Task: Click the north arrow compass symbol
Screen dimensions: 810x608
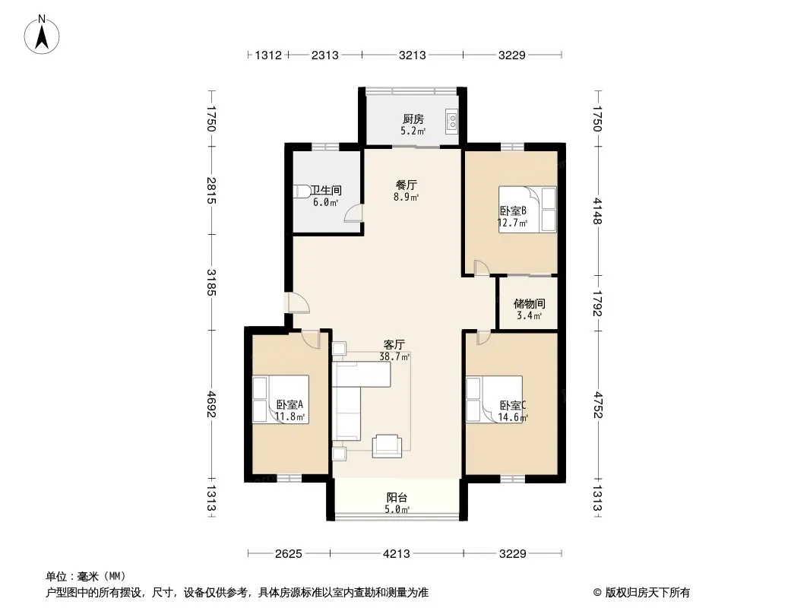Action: pyautogui.click(x=42, y=35)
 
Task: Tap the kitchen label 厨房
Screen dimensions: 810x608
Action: pyautogui.click(x=413, y=119)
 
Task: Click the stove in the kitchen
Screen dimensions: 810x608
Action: pyautogui.click(x=451, y=122)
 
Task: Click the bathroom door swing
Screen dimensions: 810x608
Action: pyautogui.click(x=353, y=213)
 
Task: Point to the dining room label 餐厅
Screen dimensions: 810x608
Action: pyautogui.click(x=407, y=185)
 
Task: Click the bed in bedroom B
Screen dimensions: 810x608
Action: pyautogui.click(x=527, y=209)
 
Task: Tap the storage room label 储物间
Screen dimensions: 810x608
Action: pyautogui.click(x=530, y=304)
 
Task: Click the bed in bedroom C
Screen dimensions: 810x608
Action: pyautogui.click(x=494, y=399)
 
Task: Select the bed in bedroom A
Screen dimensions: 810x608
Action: pyautogui.click(x=280, y=400)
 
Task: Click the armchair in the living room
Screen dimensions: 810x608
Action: pyautogui.click(x=387, y=446)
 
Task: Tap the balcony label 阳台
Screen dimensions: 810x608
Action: pyautogui.click(x=397, y=498)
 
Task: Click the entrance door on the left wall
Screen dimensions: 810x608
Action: pyautogui.click(x=296, y=303)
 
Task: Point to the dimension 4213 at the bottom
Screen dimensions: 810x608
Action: pyautogui.click(x=396, y=554)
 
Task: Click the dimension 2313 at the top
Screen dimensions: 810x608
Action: pyautogui.click(x=325, y=55)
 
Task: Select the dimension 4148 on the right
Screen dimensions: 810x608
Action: pyautogui.click(x=598, y=211)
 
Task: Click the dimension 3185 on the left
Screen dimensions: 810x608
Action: pyautogui.click(x=211, y=283)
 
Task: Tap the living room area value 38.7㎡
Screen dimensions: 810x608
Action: pyautogui.click(x=395, y=356)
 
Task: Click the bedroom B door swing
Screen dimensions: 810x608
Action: pyautogui.click(x=482, y=267)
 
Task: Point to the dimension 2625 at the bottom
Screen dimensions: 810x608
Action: pyautogui.click(x=288, y=554)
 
